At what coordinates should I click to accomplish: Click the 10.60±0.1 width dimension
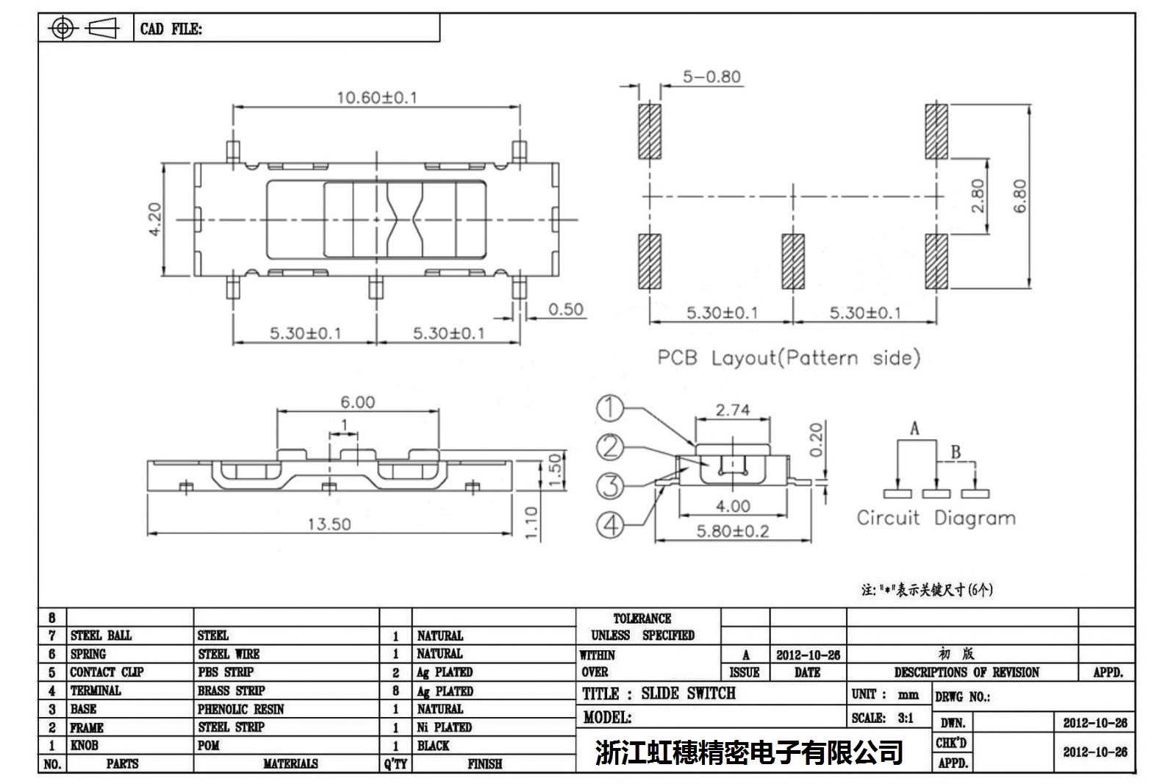tap(376, 98)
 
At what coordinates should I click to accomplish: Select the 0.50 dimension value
tap(565, 310)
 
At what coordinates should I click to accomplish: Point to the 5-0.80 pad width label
tap(711, 77)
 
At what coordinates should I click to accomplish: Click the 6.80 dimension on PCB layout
tap(1019, 196)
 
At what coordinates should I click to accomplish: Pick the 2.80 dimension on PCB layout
tap(978, 196)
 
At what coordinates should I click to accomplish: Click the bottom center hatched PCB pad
tap(792, 262)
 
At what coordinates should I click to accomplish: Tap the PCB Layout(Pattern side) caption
tap(788, 358)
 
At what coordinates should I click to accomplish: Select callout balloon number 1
tap(609, 408)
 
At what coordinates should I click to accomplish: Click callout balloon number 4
tap(609, 524)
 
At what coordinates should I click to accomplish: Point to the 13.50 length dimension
tap(329, 524)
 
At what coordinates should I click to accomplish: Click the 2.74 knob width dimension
tap(733, 410)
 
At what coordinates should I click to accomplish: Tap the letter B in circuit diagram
tap(955, 452)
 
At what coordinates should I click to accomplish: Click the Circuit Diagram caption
tap(936, 518)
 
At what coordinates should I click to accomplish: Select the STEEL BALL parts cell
tap(101, 635)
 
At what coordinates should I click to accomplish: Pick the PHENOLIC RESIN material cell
tap(240, 709)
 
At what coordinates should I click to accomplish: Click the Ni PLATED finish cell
tap(444, 727)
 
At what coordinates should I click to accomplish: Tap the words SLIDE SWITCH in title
tap(688, 694)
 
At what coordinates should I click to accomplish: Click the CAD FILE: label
tap(171, 29)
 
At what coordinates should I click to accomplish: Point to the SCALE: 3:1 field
tap(882, 718)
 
